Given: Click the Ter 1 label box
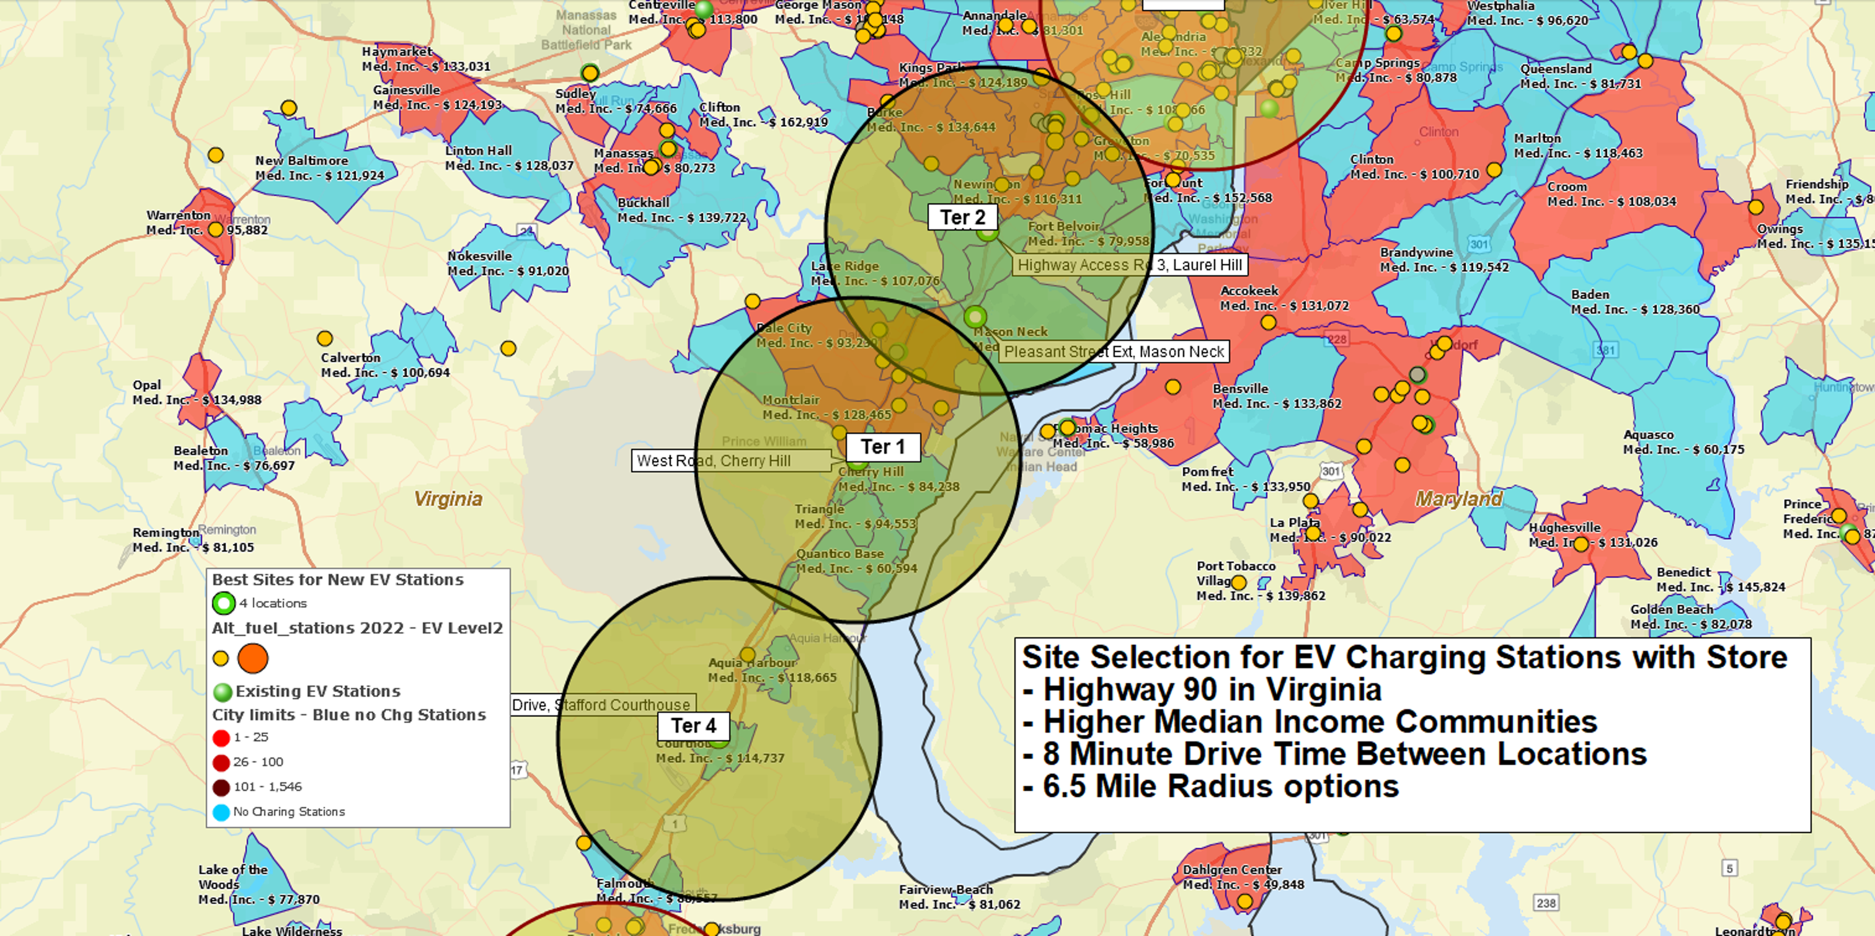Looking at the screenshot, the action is tap(882, 447).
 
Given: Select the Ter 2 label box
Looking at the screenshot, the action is tap(962, 217).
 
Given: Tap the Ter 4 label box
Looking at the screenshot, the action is tap(693, 726).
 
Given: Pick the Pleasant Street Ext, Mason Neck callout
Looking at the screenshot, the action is tap(1114, 351).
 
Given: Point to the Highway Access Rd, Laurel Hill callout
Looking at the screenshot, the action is tap(1129, 265).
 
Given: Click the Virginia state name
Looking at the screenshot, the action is tap(448, 499).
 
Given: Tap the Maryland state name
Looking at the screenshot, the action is tap(1458, 498).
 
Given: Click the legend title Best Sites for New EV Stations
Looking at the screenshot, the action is tap(338, 580).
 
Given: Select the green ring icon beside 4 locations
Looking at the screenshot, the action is tap(223, 603).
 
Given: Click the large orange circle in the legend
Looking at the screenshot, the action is tap(252, 659).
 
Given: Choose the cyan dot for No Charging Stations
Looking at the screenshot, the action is tap(221, 812).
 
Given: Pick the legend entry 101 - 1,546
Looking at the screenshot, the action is tap(267, 787).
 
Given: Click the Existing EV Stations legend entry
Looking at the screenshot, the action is tap(317, 691).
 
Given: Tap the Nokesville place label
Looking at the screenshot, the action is tap(480, 256).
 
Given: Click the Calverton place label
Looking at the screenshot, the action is tap(350, 358).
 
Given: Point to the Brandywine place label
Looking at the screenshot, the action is tap(1416, 252).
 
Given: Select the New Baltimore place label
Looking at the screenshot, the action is tap(301, 161).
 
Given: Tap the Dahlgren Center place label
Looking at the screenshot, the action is tap(1231, 870).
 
